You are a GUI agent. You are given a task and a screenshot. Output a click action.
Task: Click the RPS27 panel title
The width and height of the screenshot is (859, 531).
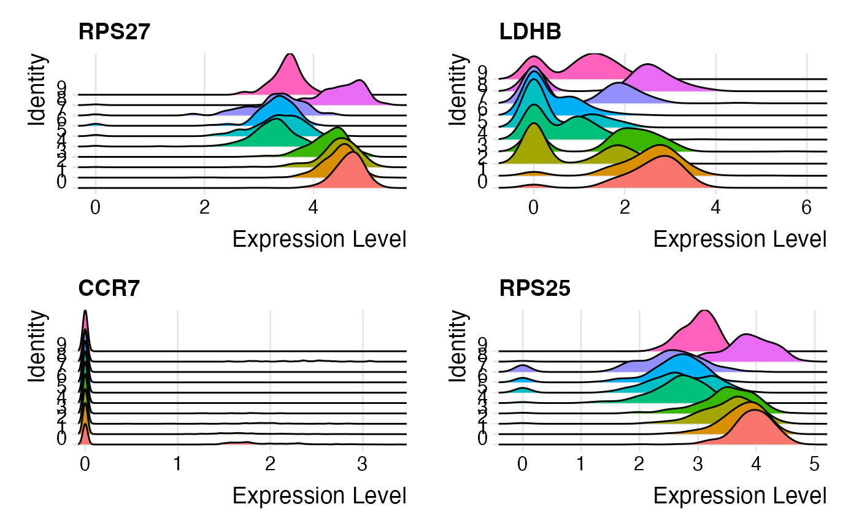point(114,33)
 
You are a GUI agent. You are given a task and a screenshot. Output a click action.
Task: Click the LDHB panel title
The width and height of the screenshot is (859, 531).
point(530,33)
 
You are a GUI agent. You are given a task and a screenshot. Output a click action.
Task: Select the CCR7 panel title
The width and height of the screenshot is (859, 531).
point(109,288)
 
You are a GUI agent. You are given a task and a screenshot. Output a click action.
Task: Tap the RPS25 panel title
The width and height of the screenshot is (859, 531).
point(534,288)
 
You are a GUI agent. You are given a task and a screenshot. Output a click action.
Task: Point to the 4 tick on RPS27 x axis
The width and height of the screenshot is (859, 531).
point(314,206)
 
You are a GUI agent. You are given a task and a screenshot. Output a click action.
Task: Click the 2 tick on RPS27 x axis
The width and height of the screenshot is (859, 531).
point(204,206)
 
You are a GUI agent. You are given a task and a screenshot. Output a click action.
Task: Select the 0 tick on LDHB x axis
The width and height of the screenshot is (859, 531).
point(534,206)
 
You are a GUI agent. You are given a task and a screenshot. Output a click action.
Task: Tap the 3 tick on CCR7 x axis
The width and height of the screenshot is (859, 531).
point(363,462)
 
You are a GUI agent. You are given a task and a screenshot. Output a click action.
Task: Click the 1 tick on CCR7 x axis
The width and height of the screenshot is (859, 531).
point(177,462)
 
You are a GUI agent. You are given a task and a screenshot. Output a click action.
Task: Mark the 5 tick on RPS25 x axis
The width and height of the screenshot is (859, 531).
point(814,462)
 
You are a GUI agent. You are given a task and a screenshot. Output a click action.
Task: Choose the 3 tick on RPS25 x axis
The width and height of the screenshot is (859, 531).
point(698,462)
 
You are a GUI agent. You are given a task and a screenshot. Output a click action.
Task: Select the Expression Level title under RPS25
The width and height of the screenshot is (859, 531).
point(740,495)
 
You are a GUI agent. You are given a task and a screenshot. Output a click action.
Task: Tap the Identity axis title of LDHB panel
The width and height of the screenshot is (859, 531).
point(457,89)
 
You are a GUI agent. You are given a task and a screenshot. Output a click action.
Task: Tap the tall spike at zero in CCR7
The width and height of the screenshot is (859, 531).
point(85,325)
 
